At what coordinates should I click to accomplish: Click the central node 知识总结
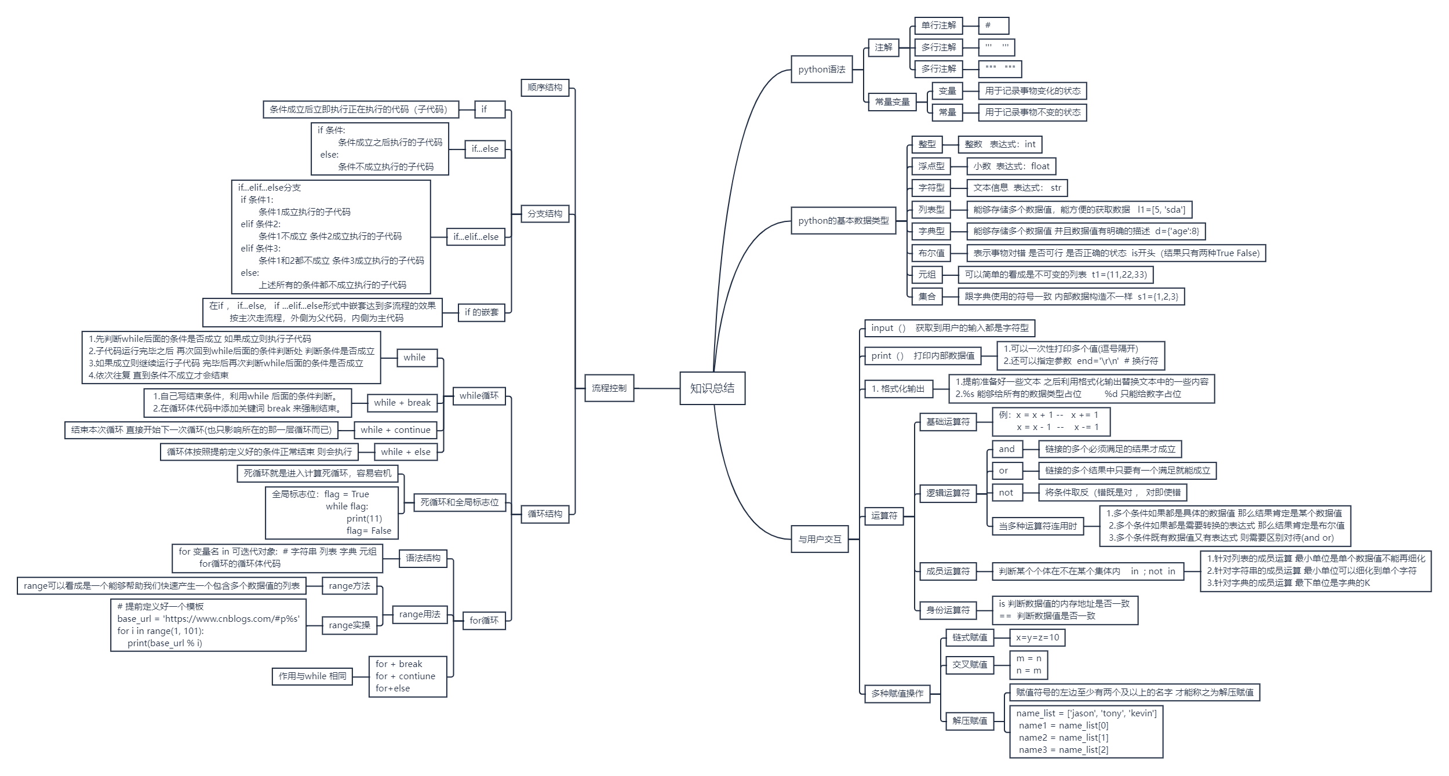click(x=712, y=388)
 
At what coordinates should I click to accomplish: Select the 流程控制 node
click(x=609, y=388)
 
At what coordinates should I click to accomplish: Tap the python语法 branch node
click(x=821, y=70)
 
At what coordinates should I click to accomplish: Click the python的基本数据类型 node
click(x=843, y=221)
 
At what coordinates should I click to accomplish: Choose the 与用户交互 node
click(x=820, y=540)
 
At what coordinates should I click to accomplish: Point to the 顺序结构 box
click(x=544, y=88)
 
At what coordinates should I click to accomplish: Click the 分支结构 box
click(x=544, y=214)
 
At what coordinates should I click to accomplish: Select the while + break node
click(x=402, y=403)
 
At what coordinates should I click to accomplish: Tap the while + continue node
click(x=395, y=430)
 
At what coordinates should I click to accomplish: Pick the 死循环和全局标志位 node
click(x=459, y=502)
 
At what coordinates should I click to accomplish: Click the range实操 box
click(x=349, y=625)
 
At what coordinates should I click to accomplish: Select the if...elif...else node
click(x=475, y=236)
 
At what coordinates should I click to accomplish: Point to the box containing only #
click(x=993, y=25)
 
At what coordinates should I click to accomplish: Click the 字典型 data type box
click(x=931, y=231)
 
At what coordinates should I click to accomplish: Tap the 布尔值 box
click(x=931, y=253)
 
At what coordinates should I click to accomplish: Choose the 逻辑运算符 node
click(x=948, y=493)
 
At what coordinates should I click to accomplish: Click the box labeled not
click(x=1006, y=493)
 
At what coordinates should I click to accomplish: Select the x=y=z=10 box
click(x=1037, y=637)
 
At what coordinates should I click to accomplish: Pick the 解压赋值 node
click(x=970, y=721)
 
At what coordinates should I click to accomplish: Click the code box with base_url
click(x=208, y=625)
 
